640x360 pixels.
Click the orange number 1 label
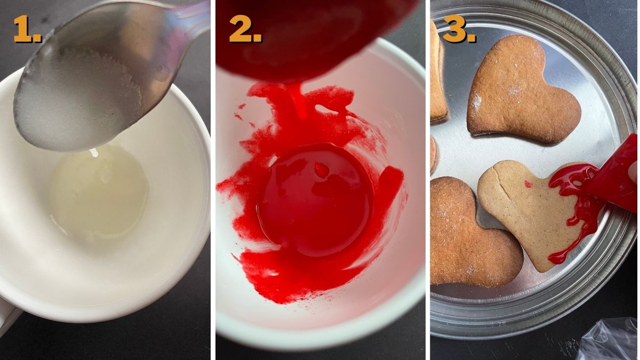[x=27, y=29]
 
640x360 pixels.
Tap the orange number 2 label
[x=245, y=29]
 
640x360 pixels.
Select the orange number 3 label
[x=459, y=29]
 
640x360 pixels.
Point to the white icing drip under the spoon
[x=94, y=153]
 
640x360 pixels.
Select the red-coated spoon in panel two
[x=314, y=37]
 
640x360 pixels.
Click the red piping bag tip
[x=611, y=174]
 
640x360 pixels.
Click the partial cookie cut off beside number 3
[x=438, y=71]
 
